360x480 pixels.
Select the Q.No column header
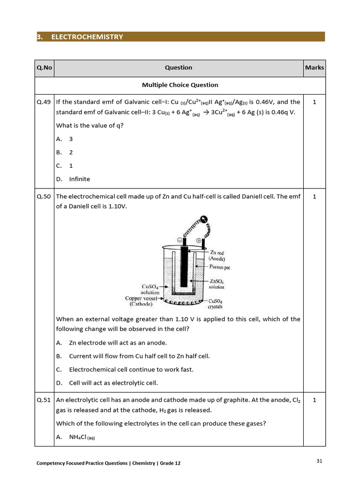44,67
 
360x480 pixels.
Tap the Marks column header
314,67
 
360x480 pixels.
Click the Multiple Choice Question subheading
180,85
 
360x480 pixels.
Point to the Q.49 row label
44,102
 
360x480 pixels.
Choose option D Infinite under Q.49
79,179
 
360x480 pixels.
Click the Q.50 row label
44,196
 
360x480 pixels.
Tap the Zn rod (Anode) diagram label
217,256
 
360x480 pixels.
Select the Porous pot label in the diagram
219,267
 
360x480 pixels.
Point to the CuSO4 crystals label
216,304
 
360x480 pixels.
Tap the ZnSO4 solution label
217,284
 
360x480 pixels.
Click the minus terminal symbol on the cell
179,240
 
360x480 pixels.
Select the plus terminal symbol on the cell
198,240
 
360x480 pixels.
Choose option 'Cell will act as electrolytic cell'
113,382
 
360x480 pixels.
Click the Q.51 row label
44,400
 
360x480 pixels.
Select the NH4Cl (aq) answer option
82,437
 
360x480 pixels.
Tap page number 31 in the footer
319,461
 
